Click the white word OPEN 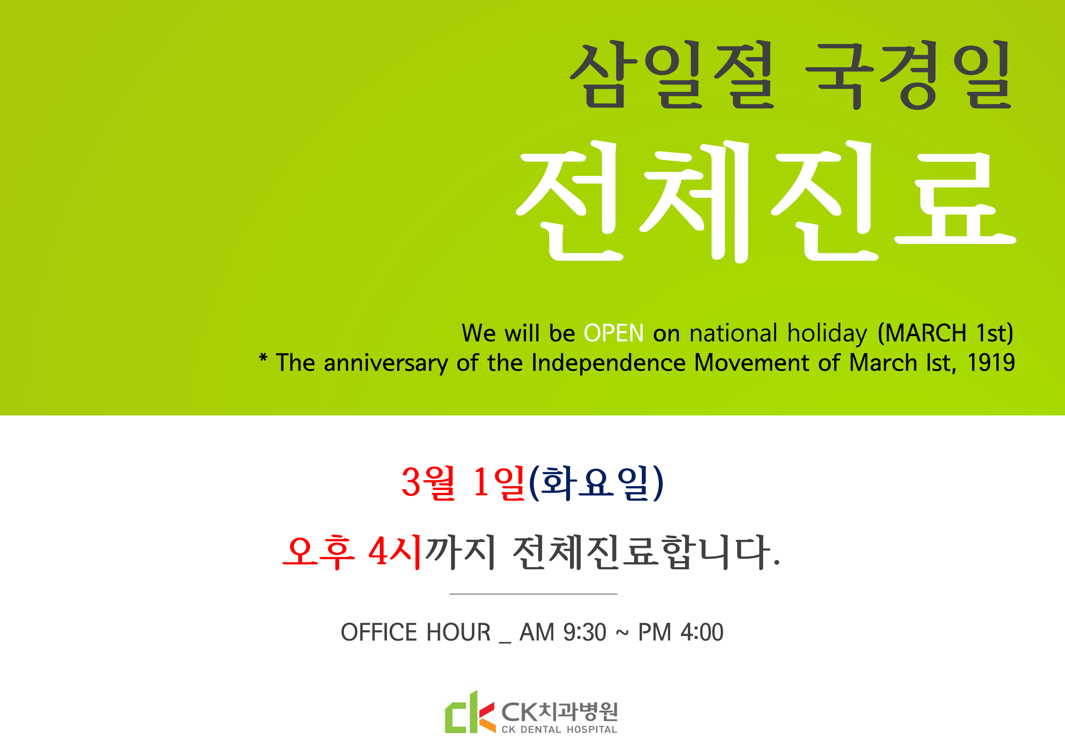(x=613, y=333)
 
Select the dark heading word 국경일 (x=908, y=75)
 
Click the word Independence (x=608, y=363)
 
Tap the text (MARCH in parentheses (x=922, y=333)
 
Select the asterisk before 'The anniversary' (x=263, y=358)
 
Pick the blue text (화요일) (x=596, y=483)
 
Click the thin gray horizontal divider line (x=533, y=594)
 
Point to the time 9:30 (x=585, y=632)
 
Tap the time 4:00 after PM (x=702, y=632)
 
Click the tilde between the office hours (x=622, y=633)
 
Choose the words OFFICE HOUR (x=415, y=632)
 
